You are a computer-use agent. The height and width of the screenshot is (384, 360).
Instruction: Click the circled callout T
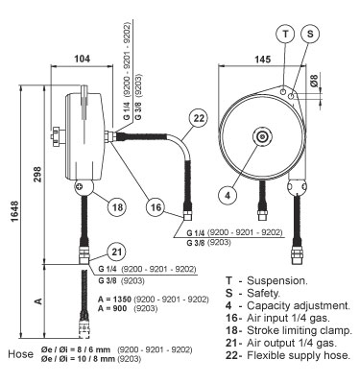coord(286,34)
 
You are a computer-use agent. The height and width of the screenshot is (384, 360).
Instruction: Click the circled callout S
coord(310,34)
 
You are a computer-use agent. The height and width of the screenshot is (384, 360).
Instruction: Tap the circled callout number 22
coord(199,118)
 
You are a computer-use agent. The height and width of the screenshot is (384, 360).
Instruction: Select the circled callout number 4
coord(228,195)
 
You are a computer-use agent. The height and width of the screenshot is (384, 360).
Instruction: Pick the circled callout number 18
coord(117,207)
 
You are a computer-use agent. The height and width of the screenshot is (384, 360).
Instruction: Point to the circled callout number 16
coord(156,207)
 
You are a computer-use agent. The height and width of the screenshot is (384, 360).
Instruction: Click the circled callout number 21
coord(117,252)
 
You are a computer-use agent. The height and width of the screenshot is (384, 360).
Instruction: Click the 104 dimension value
coord(83,59)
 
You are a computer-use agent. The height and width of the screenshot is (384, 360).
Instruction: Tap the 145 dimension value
coord(262,59)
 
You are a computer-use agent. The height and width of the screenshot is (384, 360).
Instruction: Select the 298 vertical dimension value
coord(37,174)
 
